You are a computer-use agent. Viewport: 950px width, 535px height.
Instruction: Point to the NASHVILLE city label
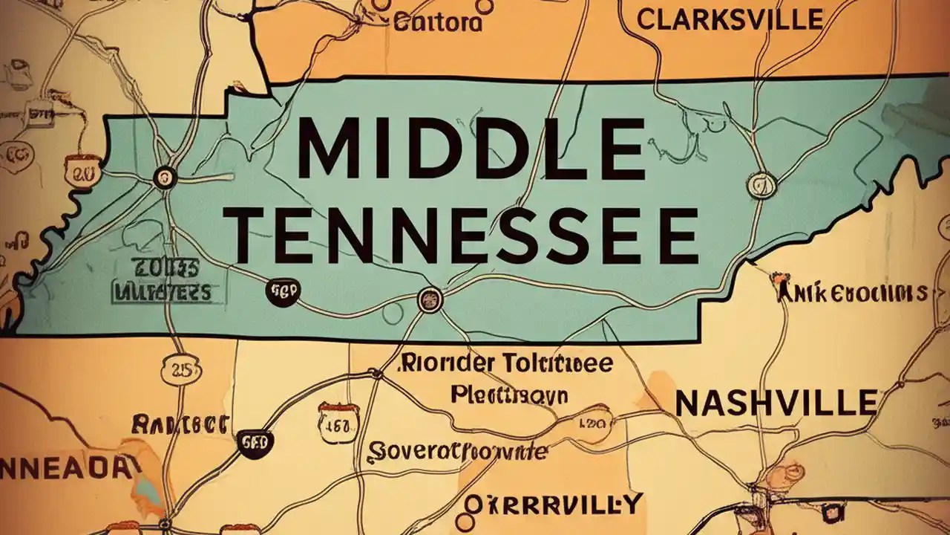(776, 403)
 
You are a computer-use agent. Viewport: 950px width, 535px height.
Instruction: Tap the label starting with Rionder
(507, 364)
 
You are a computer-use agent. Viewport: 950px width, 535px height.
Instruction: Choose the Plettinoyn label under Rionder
(509, 394)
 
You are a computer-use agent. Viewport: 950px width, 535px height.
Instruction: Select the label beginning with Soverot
(458, 451)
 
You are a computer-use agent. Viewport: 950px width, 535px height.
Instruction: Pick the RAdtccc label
(179, 425)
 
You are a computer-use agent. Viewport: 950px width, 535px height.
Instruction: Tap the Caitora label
(437, 22)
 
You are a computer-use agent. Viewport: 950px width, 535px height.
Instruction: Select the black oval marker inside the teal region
(282, 293)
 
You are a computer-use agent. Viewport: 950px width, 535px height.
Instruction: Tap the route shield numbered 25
(179, 372)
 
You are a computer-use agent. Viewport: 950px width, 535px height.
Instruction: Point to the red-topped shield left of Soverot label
(338, 421)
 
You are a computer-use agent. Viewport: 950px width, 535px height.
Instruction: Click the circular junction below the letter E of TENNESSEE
(430, 299)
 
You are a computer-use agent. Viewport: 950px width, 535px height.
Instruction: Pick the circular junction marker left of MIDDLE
(164, 177)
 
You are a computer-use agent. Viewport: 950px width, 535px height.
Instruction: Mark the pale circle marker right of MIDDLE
(761, 184)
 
